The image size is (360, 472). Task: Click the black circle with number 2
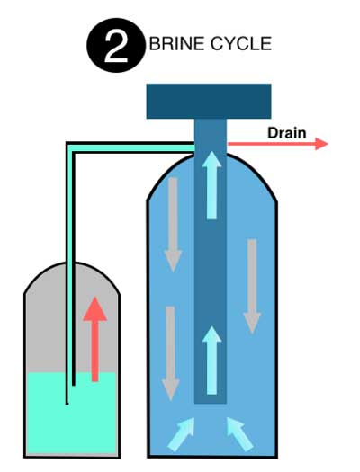[x=116, y=45]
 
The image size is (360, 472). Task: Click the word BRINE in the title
[x=176, y=44]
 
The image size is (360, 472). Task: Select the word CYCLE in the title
[x=241, y=44]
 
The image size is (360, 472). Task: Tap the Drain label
[x=287, y=133]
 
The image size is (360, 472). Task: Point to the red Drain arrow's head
[x=328, y=144]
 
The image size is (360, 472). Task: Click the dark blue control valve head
[x=209, y=101]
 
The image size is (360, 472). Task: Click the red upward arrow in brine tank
[x=95, y=339]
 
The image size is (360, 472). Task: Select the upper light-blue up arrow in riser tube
[x=211, y=185]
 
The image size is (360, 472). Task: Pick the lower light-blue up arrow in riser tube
[x=211, y=360]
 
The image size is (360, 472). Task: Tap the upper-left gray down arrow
[x=173, y=225]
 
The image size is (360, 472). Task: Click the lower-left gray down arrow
[x=170, y=353]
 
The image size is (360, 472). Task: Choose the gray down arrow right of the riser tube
[x=252, y=286]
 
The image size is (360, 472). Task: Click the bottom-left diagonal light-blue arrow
[x=182, y=434]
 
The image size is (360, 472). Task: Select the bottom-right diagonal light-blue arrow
[x=239, y=434]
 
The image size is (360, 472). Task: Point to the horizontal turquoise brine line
[x=132, y=147]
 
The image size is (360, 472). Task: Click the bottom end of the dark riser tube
[x=211, y=403]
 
